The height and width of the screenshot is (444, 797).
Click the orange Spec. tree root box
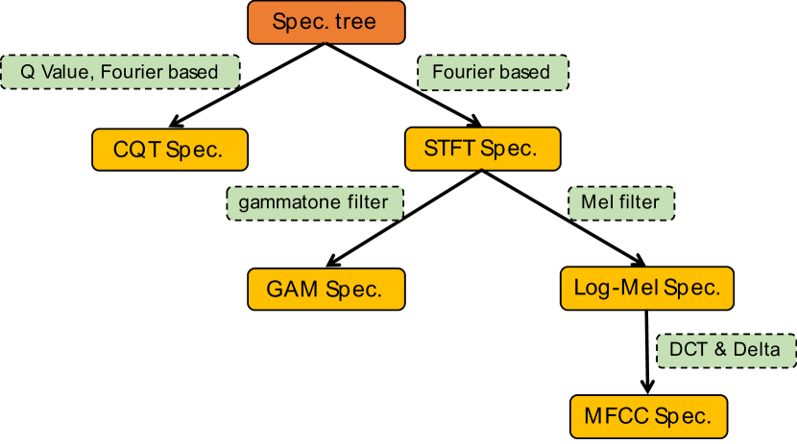(326, 22)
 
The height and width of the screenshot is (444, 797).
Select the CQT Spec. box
(170, 150)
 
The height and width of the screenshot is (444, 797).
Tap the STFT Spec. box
(482, 149)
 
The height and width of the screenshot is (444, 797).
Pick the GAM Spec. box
(326, 290)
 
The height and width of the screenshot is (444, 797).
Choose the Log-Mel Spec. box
(647, 289)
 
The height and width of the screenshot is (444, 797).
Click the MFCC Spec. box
(648, 416)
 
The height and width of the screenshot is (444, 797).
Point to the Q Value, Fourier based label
(120, 72)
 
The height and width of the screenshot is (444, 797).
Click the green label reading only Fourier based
(493, 73)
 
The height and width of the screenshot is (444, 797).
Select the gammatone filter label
(315, 203)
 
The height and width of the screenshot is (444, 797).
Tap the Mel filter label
(621, 203)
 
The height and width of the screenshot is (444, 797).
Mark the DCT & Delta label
(726, 351)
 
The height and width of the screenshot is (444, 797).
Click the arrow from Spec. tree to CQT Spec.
(247, 85)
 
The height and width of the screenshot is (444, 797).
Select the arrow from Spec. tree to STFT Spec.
(403, 84)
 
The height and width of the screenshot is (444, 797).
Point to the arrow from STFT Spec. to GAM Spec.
(404, 219)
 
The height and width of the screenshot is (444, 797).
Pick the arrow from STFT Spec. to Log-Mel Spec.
(564, 219)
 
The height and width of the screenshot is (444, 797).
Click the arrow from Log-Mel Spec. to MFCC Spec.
(647, 352)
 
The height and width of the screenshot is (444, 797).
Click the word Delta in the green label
(757, 350)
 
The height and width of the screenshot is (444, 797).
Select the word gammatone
(290, 203)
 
